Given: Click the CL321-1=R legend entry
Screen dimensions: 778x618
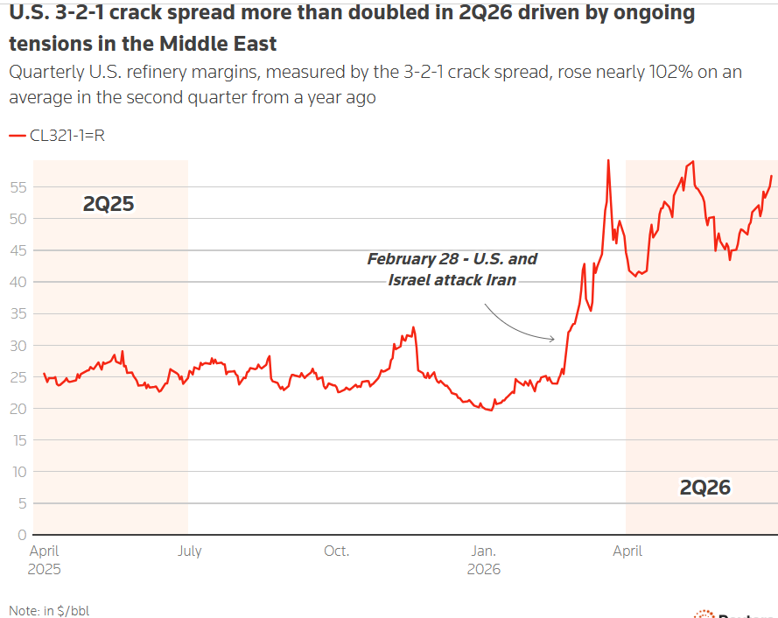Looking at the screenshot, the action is coord(57,136).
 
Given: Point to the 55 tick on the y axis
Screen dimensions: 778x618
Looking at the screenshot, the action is coord(18,187).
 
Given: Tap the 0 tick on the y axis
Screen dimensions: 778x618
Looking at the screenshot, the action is coord(22,535).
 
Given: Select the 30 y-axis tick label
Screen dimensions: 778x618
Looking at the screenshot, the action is coord(18,346).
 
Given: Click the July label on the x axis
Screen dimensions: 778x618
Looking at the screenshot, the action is coord(190,551).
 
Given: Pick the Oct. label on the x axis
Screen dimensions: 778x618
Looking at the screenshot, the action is coord(336,551).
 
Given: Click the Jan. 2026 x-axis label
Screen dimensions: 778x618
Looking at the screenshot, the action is coord(484,560).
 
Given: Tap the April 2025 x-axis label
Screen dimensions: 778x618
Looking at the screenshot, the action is coord(44,560).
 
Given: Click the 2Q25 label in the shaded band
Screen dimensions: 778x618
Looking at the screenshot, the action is coord(109,204).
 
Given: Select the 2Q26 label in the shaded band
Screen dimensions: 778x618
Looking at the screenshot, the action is coord(705,488).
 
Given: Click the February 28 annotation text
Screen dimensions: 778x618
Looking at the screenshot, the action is coord(452,270).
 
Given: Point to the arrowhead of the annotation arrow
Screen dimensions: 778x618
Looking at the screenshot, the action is coord(554,339).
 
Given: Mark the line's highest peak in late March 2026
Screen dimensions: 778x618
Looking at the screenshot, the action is coord(608,160).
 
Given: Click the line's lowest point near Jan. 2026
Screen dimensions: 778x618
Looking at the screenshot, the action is coord(491,410).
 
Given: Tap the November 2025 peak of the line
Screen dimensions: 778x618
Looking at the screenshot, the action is coord(413,327).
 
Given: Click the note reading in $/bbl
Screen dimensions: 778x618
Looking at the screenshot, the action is coord(49,610).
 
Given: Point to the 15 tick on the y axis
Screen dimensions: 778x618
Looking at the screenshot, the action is coord(19,440).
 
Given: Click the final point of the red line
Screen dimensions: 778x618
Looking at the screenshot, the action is coord(772,176).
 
